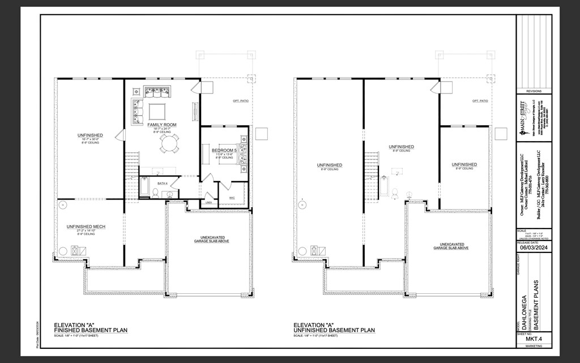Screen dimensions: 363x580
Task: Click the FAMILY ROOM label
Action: [x=162, y=124]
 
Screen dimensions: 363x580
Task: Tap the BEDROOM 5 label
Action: [x=223, y=150]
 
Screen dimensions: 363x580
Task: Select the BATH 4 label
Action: [x=163, y=183]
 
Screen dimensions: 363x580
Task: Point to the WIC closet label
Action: [x=232, y=198]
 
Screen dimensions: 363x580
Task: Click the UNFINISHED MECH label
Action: [x=86, y=227]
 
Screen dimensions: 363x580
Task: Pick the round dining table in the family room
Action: [x=168, y=143]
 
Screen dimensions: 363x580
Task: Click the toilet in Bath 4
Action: [x=155, y=193]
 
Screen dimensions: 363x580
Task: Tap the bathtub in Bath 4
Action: [x=144, y=187]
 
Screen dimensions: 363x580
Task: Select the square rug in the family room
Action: [x=157, y=109]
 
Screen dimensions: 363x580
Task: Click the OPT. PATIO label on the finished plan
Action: [x=241, y=101]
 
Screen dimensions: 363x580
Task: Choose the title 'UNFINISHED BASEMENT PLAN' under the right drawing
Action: [x=334, y=330]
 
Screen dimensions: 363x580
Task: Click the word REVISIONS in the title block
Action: [x=534, y=91]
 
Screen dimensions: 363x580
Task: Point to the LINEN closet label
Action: [x=208, y=202]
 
